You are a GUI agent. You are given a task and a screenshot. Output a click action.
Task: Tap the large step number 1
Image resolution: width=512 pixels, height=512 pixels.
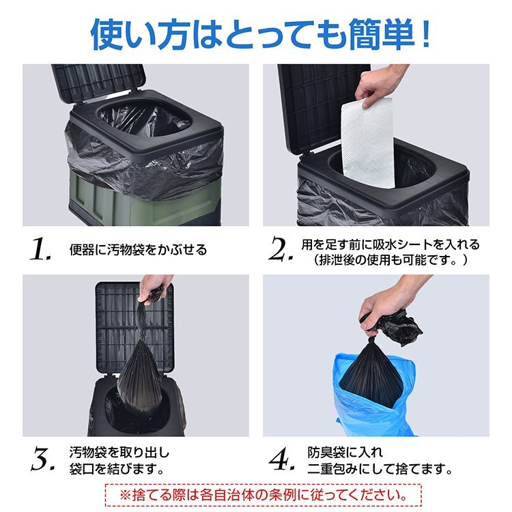[40, 248]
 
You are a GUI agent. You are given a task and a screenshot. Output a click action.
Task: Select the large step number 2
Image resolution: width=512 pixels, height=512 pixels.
[281, 248]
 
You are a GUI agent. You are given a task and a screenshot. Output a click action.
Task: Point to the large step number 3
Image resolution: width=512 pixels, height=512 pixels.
[43, 459]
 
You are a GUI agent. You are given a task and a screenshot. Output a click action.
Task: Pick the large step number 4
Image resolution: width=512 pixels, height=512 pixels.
[281, 459]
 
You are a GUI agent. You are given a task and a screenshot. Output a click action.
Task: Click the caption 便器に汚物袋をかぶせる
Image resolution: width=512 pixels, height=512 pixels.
[138, 250]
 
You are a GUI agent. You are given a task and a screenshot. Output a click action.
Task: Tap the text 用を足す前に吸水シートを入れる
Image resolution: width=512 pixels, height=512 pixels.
[390, 244]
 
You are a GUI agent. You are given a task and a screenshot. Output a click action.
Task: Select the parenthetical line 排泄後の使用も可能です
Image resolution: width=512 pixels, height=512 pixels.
[390, 260]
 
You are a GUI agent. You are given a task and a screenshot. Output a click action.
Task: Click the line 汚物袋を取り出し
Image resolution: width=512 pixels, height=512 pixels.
[119, 453]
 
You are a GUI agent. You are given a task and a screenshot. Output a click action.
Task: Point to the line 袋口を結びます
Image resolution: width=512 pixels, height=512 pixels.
[116, 469]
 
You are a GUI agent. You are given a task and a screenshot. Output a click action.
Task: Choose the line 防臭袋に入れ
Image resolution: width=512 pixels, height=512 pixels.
[345, 453]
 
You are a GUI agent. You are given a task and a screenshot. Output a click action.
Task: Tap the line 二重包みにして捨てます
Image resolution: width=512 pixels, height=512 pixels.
[380, 469]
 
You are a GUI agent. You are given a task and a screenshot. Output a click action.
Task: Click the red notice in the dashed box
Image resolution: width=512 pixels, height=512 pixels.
[264, 495]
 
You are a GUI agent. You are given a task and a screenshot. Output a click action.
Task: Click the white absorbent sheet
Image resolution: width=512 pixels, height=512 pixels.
[368, 143]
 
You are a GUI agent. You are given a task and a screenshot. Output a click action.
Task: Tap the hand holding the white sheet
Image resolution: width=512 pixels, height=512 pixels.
[379, 85]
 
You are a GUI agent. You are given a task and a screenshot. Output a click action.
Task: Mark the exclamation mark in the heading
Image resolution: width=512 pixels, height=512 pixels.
[425, 34]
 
